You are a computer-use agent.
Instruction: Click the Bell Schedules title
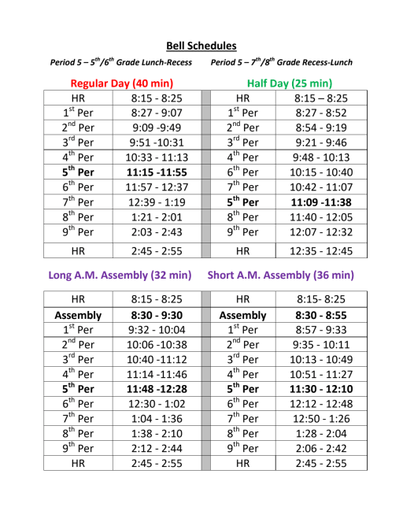pyautogui.click(x=201, y=46)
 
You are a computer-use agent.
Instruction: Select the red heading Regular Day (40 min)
pyautogui.click(x=121, y=83)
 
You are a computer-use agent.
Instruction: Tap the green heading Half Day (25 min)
pyautogui.click(x=289, y=83)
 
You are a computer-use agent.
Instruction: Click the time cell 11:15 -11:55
pyautogui.click(x=157, y=172)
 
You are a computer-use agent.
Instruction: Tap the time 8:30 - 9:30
pyautogui.click(x=157, y=315)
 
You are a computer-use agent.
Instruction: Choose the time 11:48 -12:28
pyautogui.click(x=157, y=389)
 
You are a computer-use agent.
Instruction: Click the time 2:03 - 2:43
pyautogui.click(x=157, y=231)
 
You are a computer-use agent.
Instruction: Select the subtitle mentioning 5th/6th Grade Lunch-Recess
pyautogui.click(x=120, y=62)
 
